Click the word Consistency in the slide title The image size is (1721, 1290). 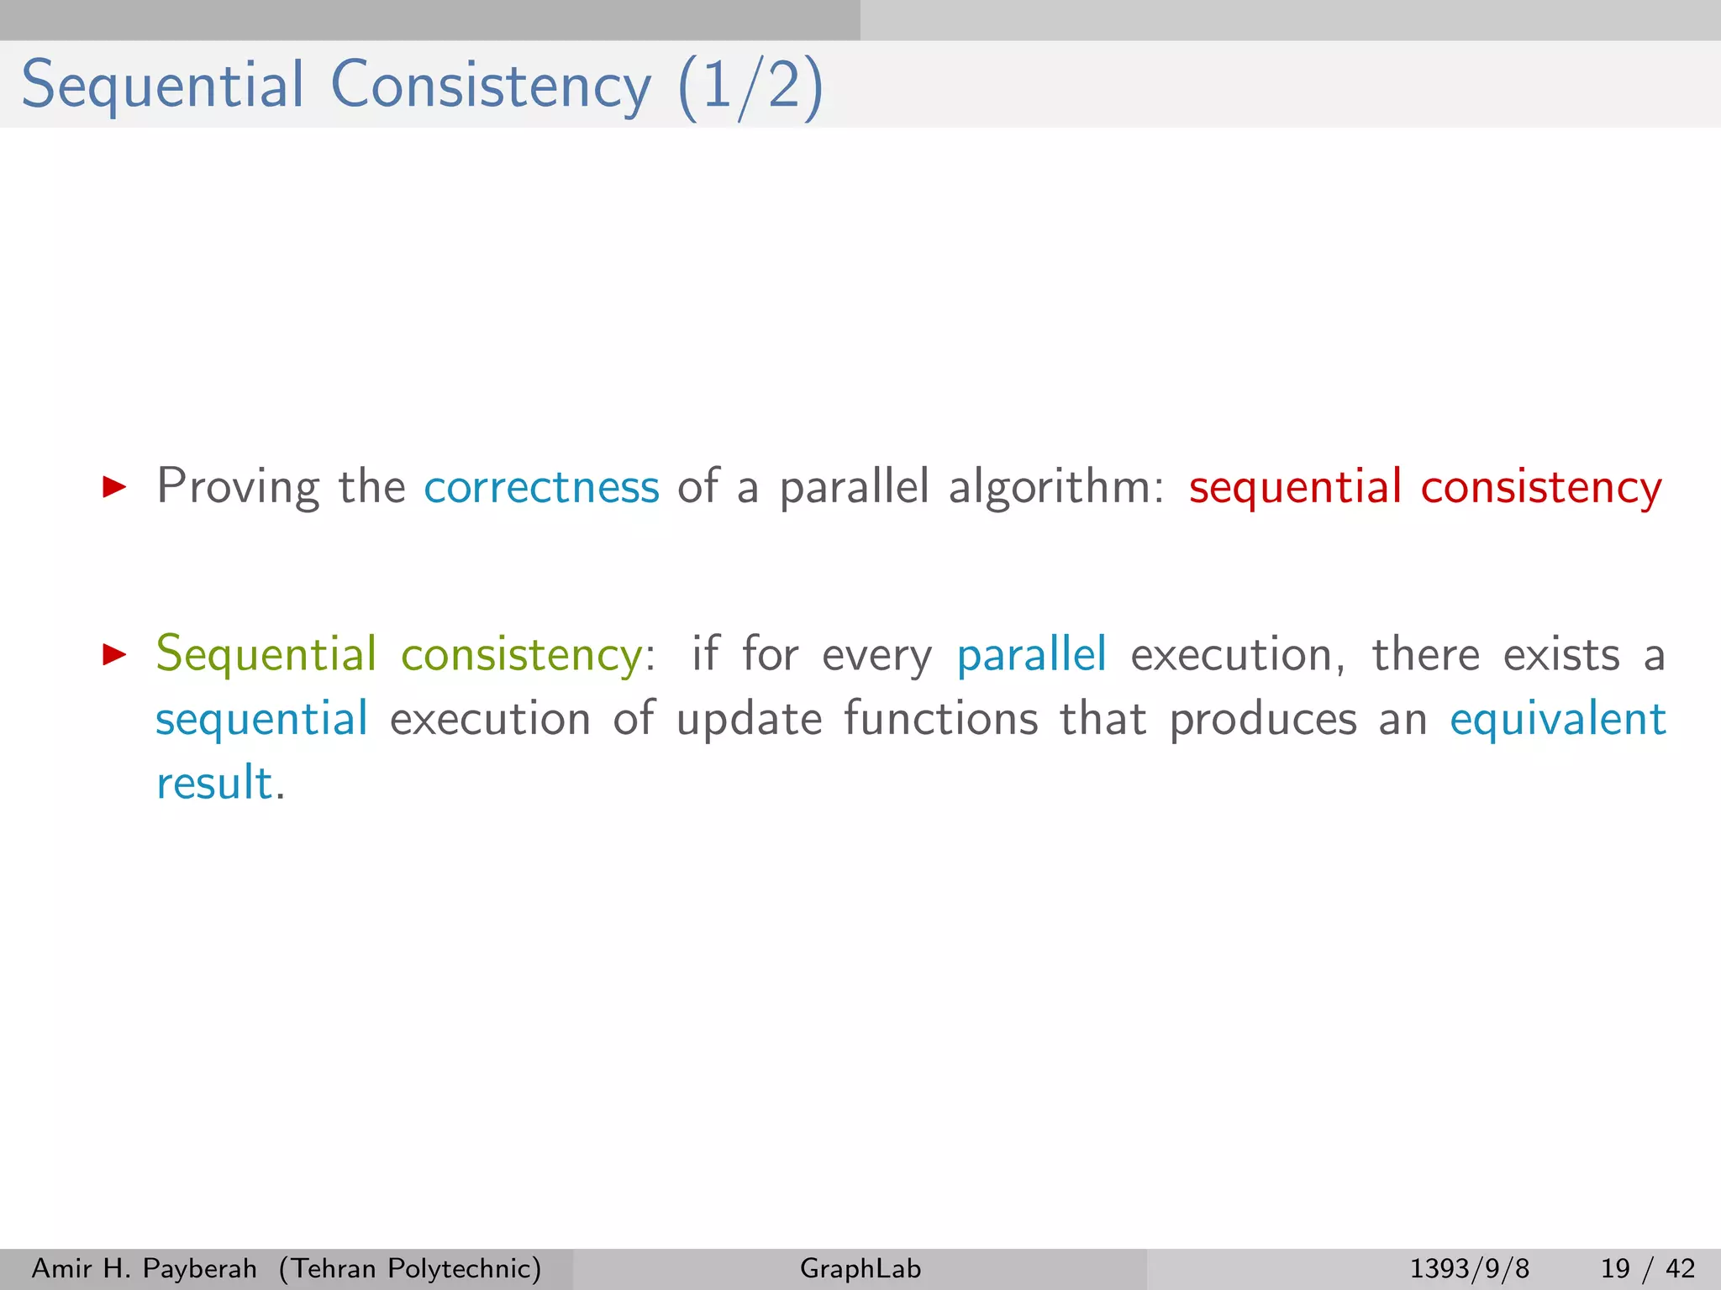click(491, 86)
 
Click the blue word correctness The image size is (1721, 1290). click(541, 487)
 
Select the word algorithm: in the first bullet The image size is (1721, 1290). click(1055, 487)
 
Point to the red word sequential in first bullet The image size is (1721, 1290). click(1295, 487)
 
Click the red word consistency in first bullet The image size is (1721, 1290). click(1541, 487)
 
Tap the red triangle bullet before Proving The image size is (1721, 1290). click(113, 486)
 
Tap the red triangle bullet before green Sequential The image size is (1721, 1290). click(113, 654)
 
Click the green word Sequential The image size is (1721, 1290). click(266, 654)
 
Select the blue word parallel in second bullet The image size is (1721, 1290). click(1031, 654)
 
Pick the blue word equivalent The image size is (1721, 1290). click(1558, 719)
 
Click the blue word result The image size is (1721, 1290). click(215, 783)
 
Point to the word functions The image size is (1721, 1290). click(941, 719)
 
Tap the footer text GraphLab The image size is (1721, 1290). click(860, 1268)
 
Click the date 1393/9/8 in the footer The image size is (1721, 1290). click(1469, 1268)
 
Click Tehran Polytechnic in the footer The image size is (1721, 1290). click(411, 1268)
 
